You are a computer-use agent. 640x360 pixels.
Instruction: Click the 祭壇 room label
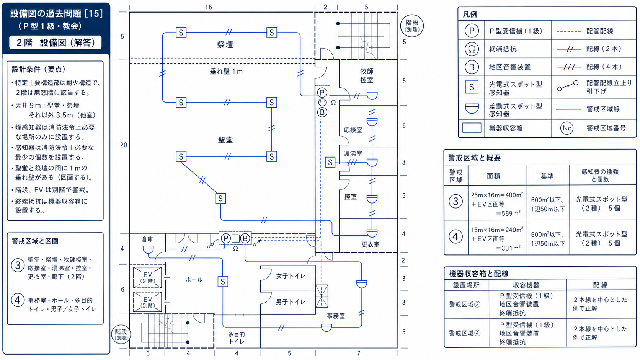pyautogui.click(x=225, y=44)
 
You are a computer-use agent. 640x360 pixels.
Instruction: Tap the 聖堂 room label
pyautogui.click(x=225, y=140)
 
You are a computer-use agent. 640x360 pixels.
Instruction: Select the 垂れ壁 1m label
pyautogui.click(x=226, y=72)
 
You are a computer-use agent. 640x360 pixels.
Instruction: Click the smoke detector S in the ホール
pyautogui.click(x=223, y=282)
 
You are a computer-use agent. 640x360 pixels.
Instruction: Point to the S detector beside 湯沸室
pyautogui.click(x=330, y=163)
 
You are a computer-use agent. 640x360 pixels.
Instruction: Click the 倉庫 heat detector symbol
pyautogui.click(x=148, y=249)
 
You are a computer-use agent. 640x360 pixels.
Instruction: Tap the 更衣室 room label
pyautogui.click(x=370, y=244)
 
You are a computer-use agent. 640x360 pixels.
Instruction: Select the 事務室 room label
pyautogui.click(x=336, y=316)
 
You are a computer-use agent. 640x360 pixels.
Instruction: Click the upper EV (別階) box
pyautogui.click(x=147, y=277)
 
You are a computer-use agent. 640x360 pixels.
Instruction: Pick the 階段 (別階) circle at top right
pyautogui.click(x=412, y=25)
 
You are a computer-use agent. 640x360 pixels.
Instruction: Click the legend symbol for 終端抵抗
pyautogui.click(x=472, y=49)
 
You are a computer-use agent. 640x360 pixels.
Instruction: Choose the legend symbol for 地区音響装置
pyautogui.click(x=472, y=67)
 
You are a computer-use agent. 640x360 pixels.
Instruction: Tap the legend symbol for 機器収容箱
pyautogui.click(x=472, y=128)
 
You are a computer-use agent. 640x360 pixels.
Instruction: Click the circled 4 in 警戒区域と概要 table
pyautogui.click(x=456, y=237)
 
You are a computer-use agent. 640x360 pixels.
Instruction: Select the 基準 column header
pyautogui.click(x=547, y=176)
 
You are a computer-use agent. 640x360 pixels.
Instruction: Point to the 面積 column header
pyautogui.click(x=494, y=176)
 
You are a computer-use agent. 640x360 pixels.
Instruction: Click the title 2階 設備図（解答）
pyautogui.click(x=56, y=42)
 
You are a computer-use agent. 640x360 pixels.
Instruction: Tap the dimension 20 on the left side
pyautogui.click(x=123, y=145)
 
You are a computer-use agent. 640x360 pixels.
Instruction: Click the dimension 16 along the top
pyautogui.click(x=209, y=7)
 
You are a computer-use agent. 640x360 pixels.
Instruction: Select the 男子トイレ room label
pyautogui.click(x=290, y=302)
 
